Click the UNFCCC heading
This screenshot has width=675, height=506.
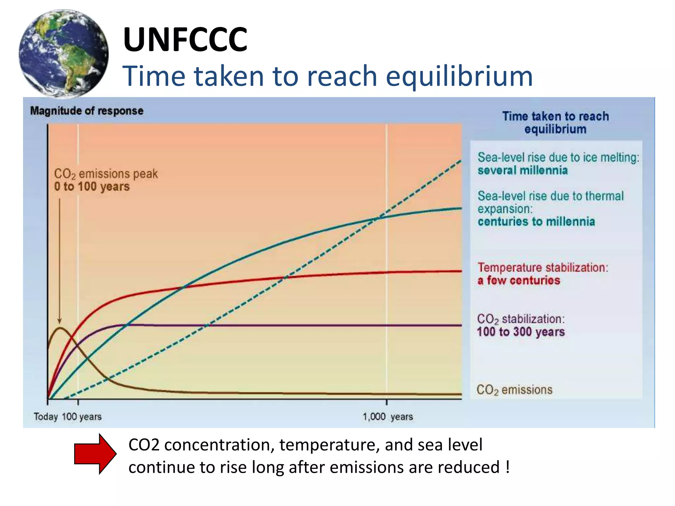tap(185, 40)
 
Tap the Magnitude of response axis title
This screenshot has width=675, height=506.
tap(87, 111)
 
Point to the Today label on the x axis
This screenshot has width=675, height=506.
tap(45, 417)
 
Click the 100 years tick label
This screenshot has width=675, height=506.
tap(82, 417)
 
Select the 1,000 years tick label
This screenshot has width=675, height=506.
tap(388, 417)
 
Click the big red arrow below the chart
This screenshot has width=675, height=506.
tap(95, 454)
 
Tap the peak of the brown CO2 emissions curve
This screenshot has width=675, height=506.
tap(60, 328)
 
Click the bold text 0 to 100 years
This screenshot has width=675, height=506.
tap(92, 186)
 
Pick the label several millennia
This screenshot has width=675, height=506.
tap(523, 171)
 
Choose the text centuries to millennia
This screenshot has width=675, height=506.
tap(536, 222)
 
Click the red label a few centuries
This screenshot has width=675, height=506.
tap(519, 281)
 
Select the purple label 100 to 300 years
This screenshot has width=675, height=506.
tap(521, 332)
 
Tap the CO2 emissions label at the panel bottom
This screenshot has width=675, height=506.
tap(514, 390)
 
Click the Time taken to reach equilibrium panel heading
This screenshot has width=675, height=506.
tap(555, 123)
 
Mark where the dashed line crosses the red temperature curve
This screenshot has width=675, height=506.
tap(284, 278)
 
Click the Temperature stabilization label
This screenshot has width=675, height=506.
tap(543, 267)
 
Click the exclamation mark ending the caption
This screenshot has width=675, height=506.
tap(508, 467)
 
